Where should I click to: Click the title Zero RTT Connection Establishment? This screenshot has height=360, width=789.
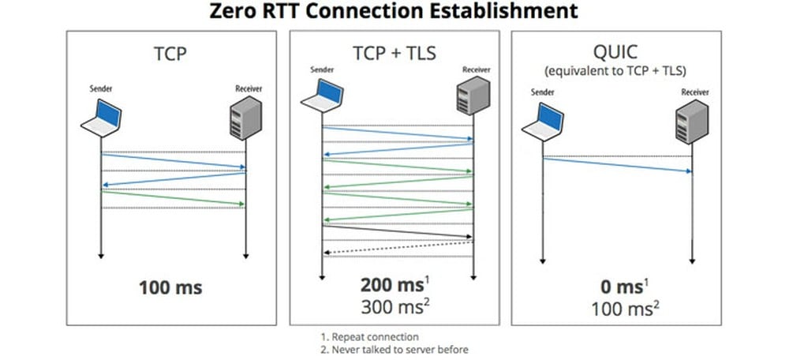coord(394,12)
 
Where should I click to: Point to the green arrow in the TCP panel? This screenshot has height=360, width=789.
coord(174,198)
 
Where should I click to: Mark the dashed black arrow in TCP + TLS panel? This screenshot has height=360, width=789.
coord(398,248)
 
